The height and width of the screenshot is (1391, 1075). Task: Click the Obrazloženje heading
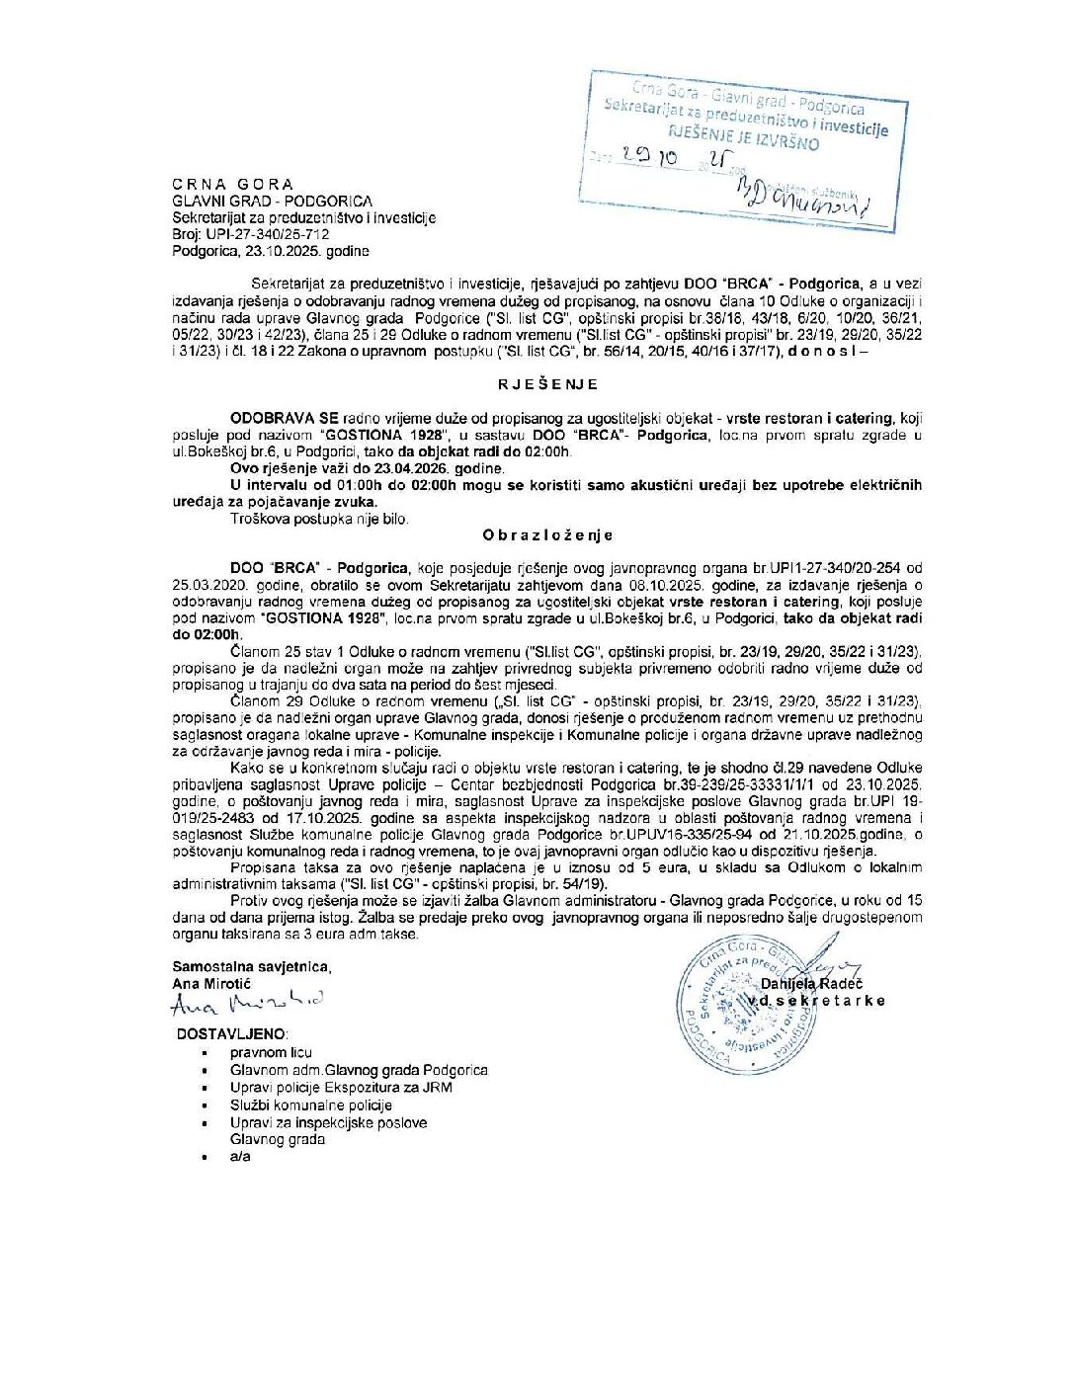tap(547, 535)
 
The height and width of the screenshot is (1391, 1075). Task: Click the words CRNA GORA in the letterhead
tap(232, 184)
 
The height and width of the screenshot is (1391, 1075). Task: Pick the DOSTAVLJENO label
tap(232, 1033)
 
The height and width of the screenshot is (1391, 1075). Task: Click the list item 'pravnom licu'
tap(271, 1052)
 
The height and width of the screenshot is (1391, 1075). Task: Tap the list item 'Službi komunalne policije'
tap(311, 1105)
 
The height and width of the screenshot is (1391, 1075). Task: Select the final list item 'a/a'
tap(240, 1156)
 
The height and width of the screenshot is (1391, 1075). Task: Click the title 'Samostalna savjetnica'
tap(251, 967)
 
